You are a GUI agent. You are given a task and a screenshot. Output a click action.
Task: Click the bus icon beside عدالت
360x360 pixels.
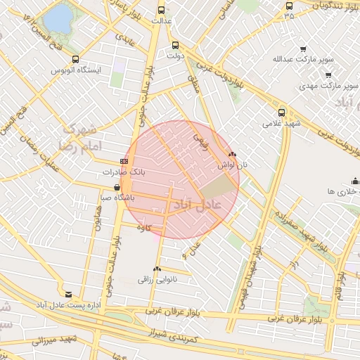tap(162, 10)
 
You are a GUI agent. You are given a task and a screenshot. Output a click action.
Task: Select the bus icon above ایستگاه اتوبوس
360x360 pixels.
tap(76, 60)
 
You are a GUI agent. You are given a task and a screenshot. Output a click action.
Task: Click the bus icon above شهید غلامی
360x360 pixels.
tap(281, 112)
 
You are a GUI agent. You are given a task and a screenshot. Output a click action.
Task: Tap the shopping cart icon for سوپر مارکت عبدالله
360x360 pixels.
tap(303, 49)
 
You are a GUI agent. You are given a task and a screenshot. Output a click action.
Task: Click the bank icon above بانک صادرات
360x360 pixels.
tap(124, 161)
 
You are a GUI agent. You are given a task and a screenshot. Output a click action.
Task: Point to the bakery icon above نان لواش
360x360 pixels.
tap(232, 154)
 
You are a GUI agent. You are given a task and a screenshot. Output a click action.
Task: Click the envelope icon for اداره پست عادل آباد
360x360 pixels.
tap(68, 294)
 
